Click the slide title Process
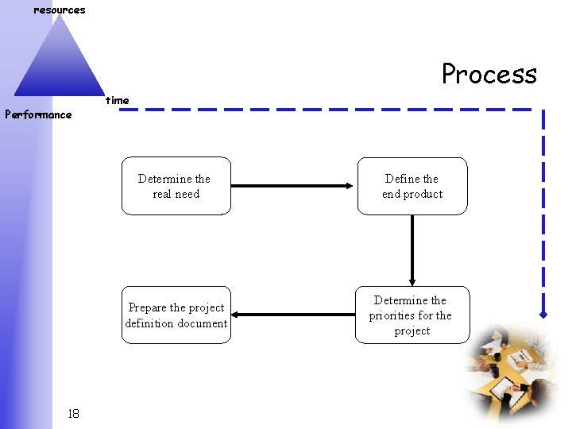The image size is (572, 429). point(489,74)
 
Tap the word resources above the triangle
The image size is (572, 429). point(59,10)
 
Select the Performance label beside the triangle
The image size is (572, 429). point(38,114)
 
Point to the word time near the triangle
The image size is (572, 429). point(117,100)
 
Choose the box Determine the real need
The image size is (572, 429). point(176,187)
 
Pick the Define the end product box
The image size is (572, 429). point(412,187)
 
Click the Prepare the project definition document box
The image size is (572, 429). point(176,315)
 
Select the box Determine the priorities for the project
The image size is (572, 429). point(412,315)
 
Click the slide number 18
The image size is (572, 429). point(73,413)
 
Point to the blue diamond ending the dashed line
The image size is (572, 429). point(543,315)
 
